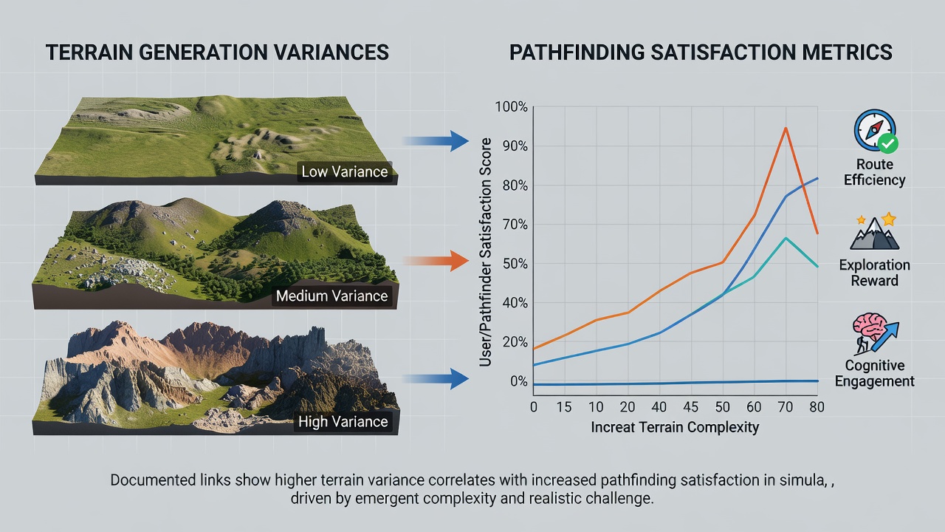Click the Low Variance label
345,172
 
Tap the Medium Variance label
331,296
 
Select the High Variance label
343,421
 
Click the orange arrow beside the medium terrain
436,261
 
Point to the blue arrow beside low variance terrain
436,141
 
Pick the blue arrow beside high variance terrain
436,378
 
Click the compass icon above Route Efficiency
876,131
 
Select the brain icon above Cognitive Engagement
876,333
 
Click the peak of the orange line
786,128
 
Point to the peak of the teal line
786,239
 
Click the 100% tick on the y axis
512,107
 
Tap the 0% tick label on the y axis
519,381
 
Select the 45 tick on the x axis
690,407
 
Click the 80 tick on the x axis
817,407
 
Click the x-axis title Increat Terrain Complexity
675,427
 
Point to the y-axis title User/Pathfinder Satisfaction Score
486,252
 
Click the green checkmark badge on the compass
888,143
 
